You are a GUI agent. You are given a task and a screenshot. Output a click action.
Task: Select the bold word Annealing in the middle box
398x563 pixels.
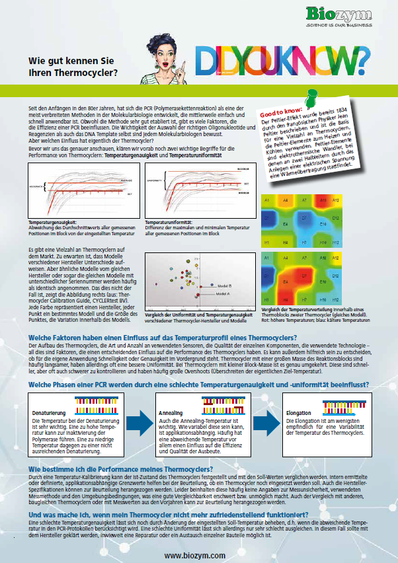[x=171, y=412]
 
